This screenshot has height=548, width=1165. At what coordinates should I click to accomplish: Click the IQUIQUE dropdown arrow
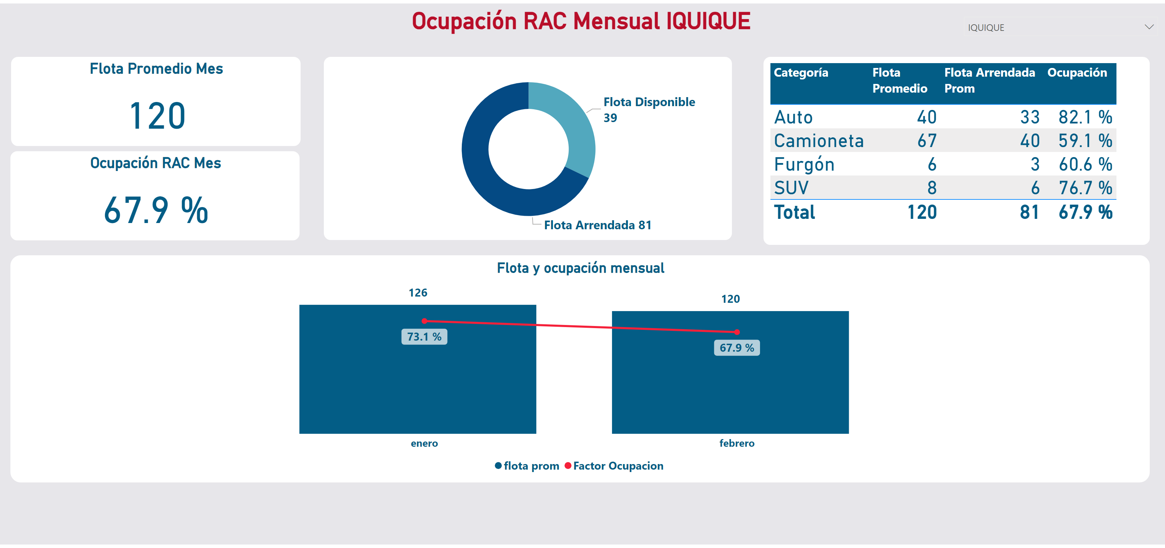[x=1149, y=27]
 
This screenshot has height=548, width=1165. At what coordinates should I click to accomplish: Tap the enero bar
[x=417, y=389]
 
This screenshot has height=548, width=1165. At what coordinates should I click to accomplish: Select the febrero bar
[x=730, y=394]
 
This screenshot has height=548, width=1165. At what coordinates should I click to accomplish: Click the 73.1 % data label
[x=424, y=337]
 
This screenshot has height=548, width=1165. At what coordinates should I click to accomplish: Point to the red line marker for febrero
[x=737, y=332]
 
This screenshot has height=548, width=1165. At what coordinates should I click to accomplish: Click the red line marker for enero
[x=424, y=321]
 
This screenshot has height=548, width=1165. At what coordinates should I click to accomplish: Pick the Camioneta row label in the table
[x=819, y=141]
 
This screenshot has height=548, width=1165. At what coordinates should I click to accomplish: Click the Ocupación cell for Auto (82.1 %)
[x=1085, y=117]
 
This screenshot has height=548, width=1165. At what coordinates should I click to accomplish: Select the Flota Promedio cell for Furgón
[x=932, y=164]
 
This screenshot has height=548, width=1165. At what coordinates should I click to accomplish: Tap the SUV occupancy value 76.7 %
[x=1085, y=188]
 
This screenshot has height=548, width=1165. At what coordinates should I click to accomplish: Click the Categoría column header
[x=801, y=72]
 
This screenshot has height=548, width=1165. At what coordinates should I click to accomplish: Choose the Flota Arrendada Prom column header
[x=989, y=80]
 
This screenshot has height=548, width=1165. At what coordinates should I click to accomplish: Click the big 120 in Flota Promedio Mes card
[x=157, y=116]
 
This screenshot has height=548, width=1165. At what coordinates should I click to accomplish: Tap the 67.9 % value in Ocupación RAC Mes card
[x=156, y=211]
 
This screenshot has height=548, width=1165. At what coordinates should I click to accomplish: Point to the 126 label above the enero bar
[x=418, y=293]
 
